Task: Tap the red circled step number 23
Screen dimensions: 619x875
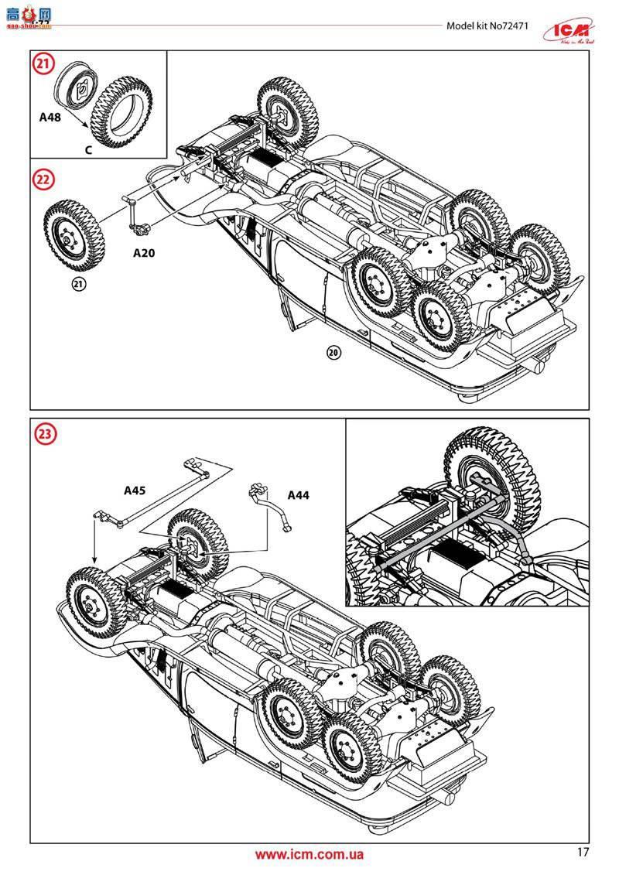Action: point(44,434)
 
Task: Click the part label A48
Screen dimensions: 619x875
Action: point(50,118)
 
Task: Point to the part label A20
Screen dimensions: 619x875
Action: point(145,252)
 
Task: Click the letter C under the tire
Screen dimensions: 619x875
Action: point(88,151)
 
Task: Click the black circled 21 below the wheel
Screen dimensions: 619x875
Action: point(78,284)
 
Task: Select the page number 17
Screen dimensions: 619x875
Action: point(583,852)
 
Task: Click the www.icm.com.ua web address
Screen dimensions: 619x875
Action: point(309,854)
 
